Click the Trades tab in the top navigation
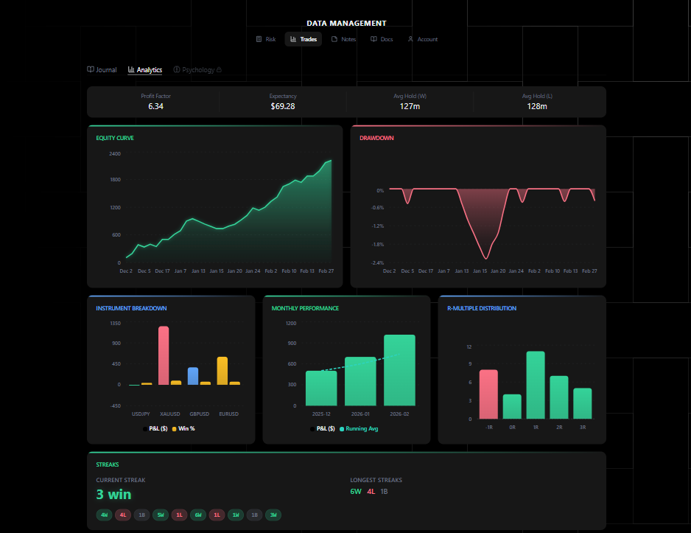(304, 39)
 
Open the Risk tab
(266, 39)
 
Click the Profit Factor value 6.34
(155, 106)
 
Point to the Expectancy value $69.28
(282, 106)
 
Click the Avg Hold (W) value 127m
(410, 106)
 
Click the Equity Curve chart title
(115, 138)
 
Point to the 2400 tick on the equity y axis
(114, 154)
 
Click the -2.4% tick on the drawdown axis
(376, 262)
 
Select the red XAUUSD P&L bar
(164, 355)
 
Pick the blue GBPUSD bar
(193, 376)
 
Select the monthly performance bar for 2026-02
(399, 370)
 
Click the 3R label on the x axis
(583, 427)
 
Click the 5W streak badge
(161, 515)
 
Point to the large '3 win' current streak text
(113, 494)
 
